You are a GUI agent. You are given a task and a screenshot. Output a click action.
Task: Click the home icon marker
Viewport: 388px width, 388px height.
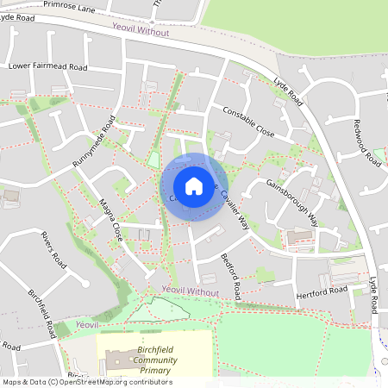(x=194, y=185)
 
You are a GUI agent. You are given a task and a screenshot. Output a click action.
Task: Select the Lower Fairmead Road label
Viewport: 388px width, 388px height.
(x=48, y=66)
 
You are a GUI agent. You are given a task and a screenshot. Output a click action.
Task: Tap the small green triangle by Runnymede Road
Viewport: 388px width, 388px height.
(x=153, y=160)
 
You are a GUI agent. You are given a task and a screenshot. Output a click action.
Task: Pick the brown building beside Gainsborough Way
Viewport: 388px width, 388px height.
(x=300, y=235)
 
